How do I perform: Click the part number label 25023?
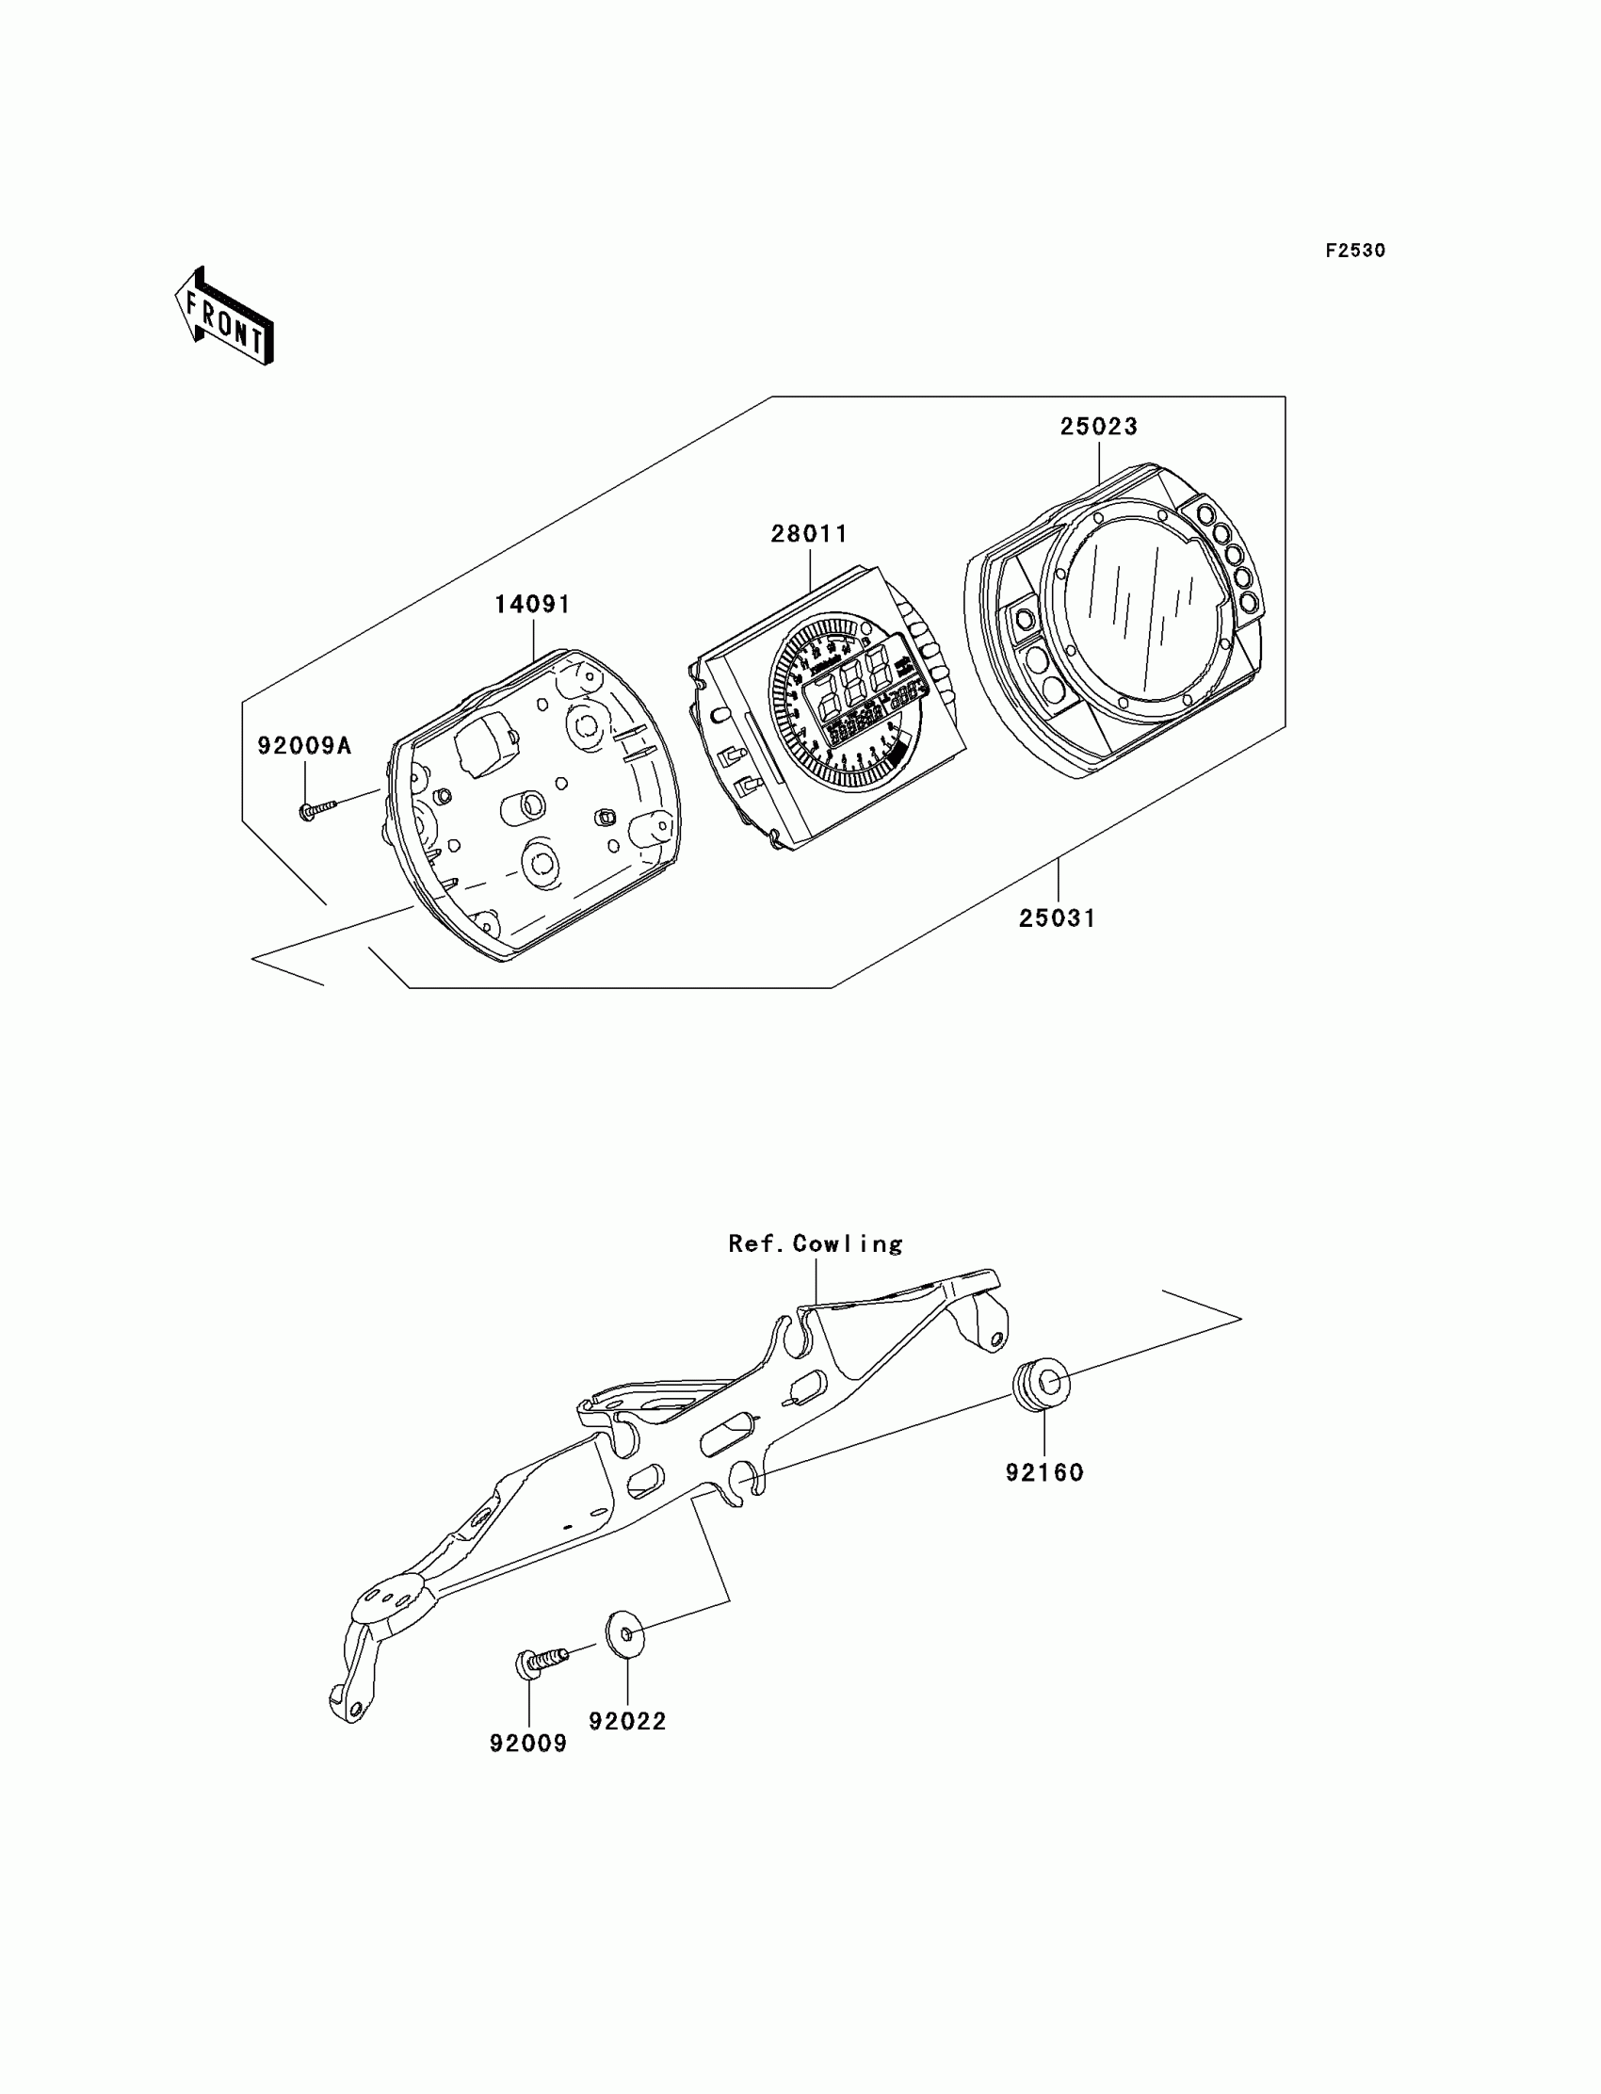click(x=1099, y=427)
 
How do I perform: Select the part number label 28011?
click(x=809, y=535)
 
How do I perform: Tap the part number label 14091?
click(x=533, y=606)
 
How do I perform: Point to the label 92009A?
click(x=304, y=746)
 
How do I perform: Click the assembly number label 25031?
click(x=1057, y=918)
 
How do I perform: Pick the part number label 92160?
click(x=1044, y=1473)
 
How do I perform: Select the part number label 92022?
click(x=627, y=1722)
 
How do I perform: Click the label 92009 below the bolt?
click(x=528, y=1744)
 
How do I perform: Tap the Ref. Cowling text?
click(x=816, y=1244)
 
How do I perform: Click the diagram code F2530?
click(x=1355, y=251)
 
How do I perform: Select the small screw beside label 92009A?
click(x=317, y=810)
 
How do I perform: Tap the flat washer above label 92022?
click(x=625, y=1635)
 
